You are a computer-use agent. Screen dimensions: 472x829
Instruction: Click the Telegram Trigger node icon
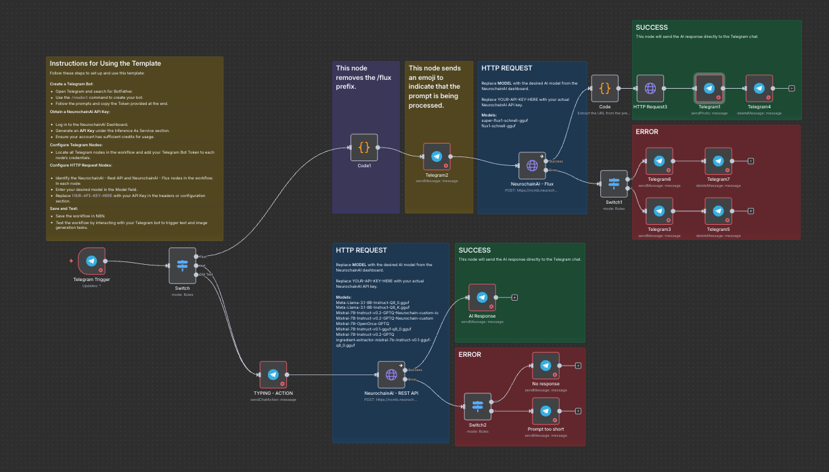pyautogui.click(x=91, y=261)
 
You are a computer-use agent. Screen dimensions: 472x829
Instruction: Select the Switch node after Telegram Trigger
pyautogui.click(x=182, y=265)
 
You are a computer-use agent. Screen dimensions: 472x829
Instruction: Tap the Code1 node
pyautogui.click(x=364, y=148)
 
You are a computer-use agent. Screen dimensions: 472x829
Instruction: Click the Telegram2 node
pyautogui.click(x=436, y=156)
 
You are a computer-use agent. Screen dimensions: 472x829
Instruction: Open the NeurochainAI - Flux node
pyautogui.click(x=532, y=165)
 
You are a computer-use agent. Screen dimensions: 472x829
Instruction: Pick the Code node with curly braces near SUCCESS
pyautogui.click(x=604, y=89)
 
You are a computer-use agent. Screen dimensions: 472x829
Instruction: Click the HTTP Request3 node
pyautogui.click(x=650, y=89)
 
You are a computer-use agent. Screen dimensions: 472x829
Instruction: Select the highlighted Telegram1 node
pyautogui.click(x=709, y=89)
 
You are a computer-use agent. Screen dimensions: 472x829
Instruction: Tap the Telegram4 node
pyautogui.click(x=759, y=89)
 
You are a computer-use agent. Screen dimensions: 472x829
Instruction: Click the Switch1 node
pyautogui.click(x=614, y=184)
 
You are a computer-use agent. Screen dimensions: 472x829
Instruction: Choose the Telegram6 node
pyautogui.click(x=659, y=161)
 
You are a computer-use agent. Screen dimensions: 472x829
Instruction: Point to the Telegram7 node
pyautogui.click(x=718, y=161)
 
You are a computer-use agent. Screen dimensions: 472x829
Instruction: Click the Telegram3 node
pyautogui.click(x=659, y=211)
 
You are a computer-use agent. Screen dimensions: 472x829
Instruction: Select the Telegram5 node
pyautogui.click(x=718, y=211)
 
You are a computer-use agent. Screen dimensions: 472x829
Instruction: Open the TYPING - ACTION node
pyautogui.click(x=273, y=374)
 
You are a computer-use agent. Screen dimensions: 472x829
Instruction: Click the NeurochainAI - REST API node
pyautogui.click(x=391, y=374)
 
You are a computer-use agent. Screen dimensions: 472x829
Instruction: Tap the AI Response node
pyautogui.click(x=482, y=297)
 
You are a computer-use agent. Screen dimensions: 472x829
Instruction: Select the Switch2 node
pyautogui.click(x=478, y=406)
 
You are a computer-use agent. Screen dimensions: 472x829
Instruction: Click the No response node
pyautogui.click(x=545, y=366)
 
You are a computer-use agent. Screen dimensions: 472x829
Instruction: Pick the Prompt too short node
pyautogui.click(x=545, y=411)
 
